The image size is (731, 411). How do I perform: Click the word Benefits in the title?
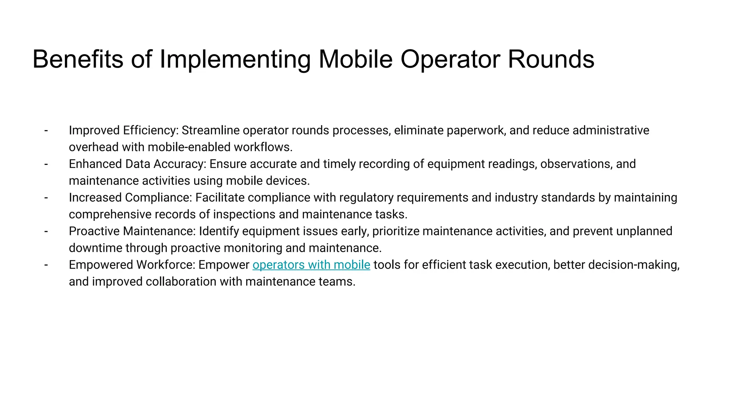point(78,59)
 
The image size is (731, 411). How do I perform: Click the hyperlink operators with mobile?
point(311,265)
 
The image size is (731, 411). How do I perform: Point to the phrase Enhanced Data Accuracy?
point(137,164)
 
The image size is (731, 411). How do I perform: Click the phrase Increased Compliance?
point(130,198)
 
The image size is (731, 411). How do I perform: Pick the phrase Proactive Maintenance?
point(132,231)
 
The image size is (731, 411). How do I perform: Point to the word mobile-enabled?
point(189,147)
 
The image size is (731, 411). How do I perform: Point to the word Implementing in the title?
point(235,59)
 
